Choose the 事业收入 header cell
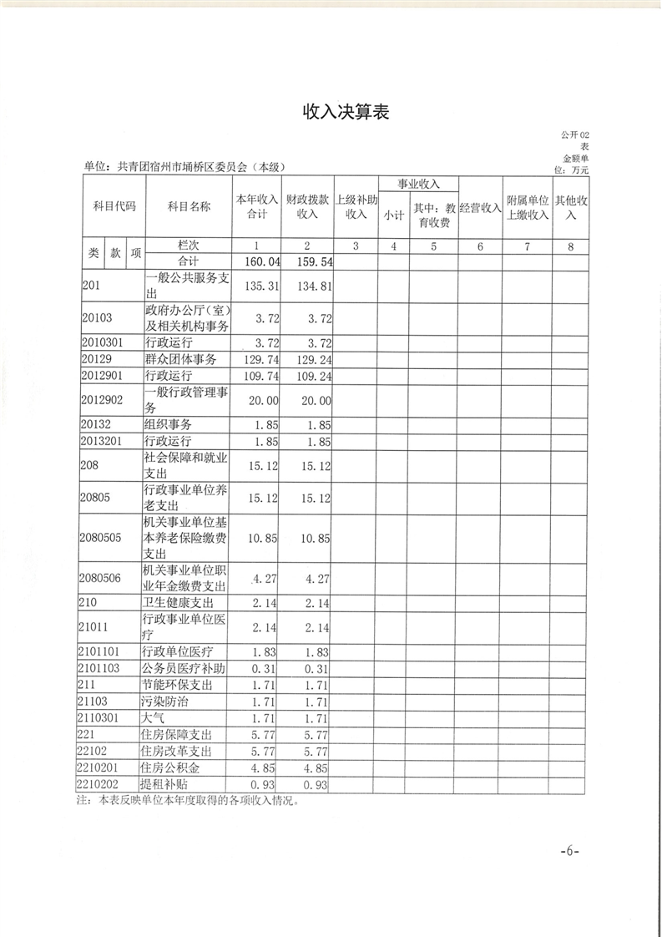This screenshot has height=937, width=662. pos(417,184)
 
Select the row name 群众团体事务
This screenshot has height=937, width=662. pos(180,359)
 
